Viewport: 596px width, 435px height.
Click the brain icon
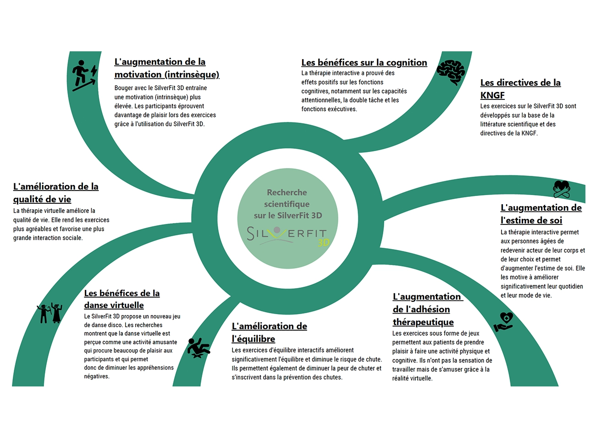click(451, 72)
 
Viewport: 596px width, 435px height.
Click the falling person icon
click(198, 348)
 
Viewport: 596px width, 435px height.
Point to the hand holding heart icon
click(503, 322)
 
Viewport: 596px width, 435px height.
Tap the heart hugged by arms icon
click(562, 189)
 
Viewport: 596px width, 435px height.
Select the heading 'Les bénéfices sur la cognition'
click(364, 63)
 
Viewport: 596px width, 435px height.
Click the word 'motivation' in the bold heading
click(138, 74)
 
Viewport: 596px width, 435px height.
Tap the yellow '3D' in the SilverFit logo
click(324, 242)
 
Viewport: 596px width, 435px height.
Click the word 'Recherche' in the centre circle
click(287, 192)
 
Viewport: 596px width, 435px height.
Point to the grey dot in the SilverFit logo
click(277, 229)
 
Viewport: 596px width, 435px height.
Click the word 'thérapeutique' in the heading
click(423, 322)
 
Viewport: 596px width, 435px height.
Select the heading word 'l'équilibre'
click(253, 339)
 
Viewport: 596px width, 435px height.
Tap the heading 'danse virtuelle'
click(114, 305)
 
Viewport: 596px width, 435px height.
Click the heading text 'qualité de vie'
click(42, 199)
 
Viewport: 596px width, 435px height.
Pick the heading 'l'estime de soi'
click(531, 220)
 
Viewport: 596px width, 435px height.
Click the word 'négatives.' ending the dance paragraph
click(97, 376)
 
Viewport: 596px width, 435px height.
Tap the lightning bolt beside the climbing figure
click(94, 71)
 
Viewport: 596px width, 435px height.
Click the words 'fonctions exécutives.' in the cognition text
click(329, 109)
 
